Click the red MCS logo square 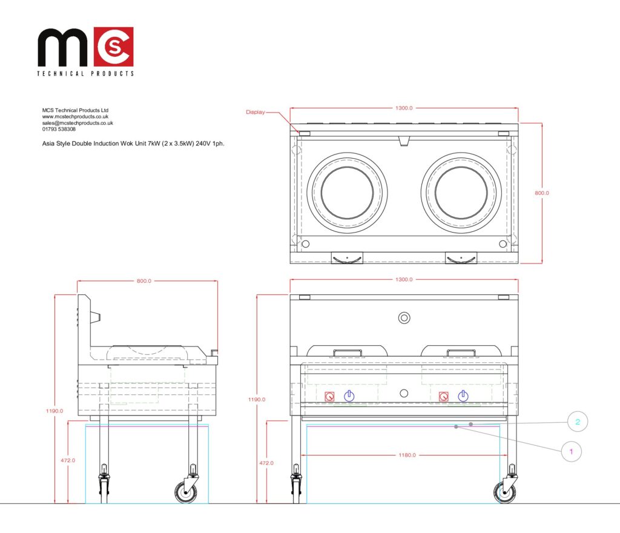coord(113,47)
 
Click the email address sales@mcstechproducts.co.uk coord(77,123)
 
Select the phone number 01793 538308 coord(59,129)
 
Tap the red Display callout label coord(256,112)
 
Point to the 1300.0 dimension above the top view coord(404,108)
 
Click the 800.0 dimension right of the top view coord(542,193)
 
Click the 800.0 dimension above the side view coord(144,281)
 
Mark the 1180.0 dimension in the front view coord(407,455)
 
